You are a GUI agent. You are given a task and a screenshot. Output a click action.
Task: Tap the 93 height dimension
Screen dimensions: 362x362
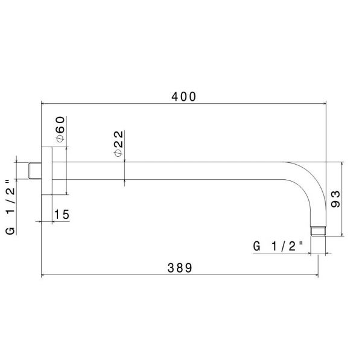336,198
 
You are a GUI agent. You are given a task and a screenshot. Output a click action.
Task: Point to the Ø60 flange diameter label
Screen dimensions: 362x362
60,130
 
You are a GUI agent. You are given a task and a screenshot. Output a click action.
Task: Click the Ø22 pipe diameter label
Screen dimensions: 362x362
118,144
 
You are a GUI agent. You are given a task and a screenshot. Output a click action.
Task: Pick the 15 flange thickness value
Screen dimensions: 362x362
62,214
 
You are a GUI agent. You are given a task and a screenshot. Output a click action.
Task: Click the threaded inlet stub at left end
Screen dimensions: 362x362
36,171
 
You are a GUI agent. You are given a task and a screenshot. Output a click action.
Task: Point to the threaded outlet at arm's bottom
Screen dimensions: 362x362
318,230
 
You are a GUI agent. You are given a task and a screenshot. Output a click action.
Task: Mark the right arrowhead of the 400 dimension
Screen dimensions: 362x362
324,103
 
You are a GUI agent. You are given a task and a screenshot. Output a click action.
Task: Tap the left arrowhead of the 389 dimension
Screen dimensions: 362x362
43,276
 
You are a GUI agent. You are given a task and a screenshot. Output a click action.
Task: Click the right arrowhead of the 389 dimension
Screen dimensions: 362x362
316,276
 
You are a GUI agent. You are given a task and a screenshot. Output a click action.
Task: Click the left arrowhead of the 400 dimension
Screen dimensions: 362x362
43,103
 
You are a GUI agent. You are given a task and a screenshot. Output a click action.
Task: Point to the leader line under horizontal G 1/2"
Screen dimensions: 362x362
284,253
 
